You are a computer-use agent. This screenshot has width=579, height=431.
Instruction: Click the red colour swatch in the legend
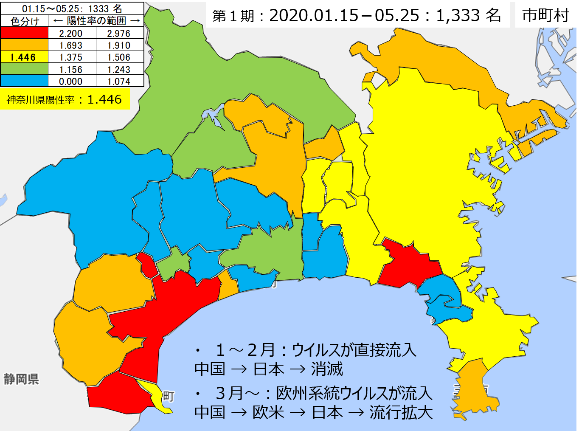[24, 33]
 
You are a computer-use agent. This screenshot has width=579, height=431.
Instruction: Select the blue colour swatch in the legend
[24, 81]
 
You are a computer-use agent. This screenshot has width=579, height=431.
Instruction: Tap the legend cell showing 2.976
[119, 33]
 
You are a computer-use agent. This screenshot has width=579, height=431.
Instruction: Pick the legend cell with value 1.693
[71, 45]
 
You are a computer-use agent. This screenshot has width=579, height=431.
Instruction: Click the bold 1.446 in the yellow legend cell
[23, 57]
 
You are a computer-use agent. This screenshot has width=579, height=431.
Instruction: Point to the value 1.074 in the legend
[119, 81]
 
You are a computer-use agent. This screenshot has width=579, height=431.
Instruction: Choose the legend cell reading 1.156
[71, 69]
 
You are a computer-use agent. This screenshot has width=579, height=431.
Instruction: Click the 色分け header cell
[25, 21]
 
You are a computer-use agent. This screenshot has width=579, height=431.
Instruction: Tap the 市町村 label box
[545, 15]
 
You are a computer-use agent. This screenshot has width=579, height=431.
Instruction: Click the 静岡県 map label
[21, 379]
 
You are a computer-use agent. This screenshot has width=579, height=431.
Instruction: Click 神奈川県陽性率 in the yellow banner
[40, 100]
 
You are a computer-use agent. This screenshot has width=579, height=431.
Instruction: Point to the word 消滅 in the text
[327, 369]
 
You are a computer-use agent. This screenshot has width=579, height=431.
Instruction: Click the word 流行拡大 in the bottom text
[401, 412]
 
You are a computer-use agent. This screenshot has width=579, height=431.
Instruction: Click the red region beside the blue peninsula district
[408, 263]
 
